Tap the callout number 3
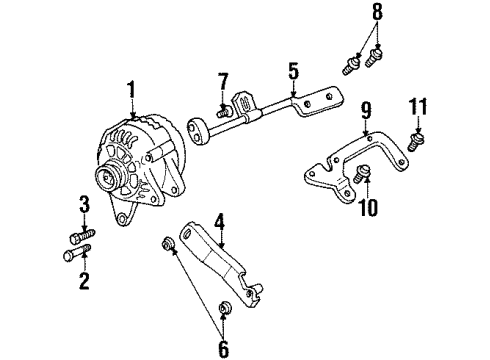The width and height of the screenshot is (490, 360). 84,206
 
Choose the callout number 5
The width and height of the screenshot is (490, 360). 293,72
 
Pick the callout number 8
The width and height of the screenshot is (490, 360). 377,13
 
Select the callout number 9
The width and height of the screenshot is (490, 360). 366,109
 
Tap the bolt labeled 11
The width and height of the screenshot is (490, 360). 421,136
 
